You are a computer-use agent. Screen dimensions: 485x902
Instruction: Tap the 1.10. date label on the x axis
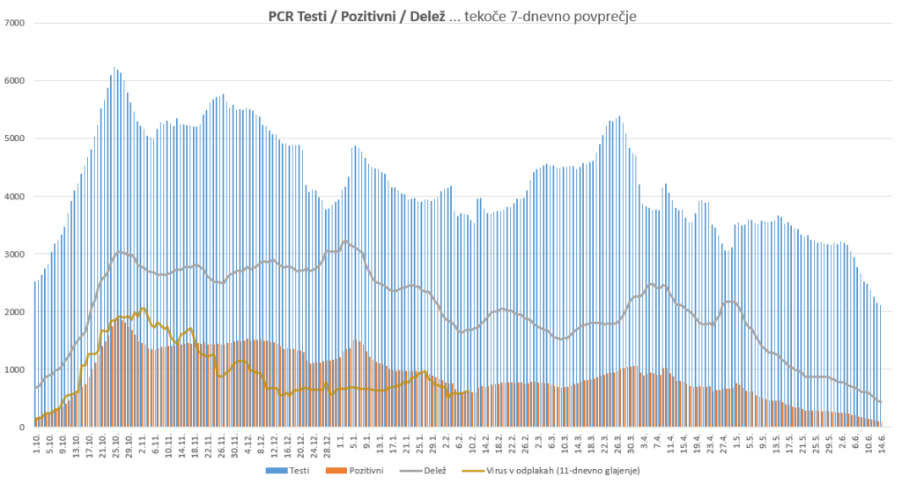point(36,444)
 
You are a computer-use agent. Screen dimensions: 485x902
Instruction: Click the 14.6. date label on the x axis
point(881,444)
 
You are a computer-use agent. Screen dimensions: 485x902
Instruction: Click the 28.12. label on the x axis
point(327,445)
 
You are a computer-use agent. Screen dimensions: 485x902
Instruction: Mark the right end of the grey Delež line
point(881,402)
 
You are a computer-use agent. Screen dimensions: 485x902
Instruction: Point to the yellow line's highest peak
point(143,309)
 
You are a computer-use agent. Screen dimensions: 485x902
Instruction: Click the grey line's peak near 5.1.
point(345,241)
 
